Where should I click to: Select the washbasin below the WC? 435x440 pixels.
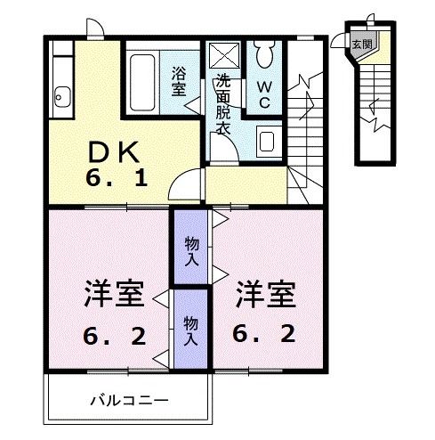click(267, 139)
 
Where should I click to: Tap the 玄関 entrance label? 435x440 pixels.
click(360, 42)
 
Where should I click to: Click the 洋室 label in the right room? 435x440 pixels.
click(264, 295)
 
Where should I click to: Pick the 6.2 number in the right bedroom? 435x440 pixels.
click(264, 335)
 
